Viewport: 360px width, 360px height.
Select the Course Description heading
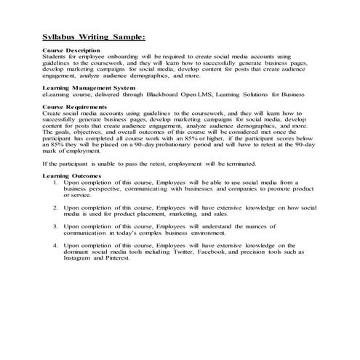coord(71,50)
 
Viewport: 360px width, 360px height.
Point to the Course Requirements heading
coord(73,106)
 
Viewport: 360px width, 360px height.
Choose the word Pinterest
coord(115,258)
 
